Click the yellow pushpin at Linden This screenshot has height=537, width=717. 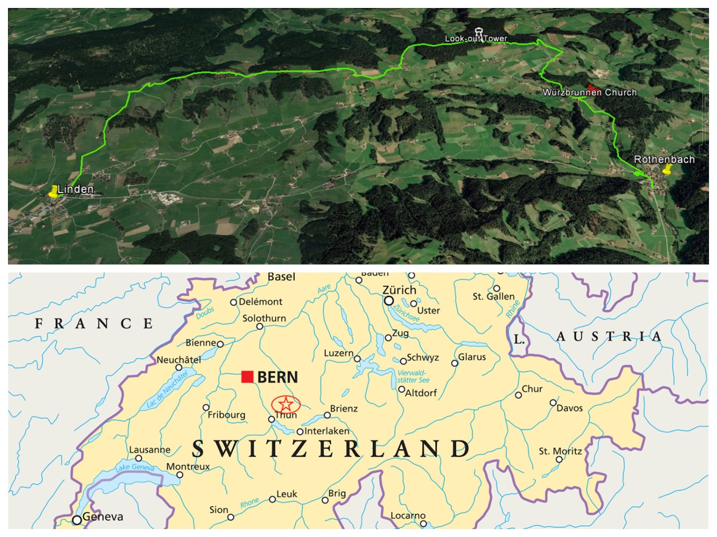(54, 192)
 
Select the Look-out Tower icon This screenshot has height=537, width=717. (479, 33)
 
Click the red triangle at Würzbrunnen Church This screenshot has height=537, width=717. (590, 86)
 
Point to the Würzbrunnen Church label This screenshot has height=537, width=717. (589, 93)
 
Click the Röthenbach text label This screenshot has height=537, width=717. (664, 159)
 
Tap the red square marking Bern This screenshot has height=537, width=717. (247, 377)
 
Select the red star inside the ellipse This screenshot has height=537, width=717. (286, 404)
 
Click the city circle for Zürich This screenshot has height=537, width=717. (389, 301)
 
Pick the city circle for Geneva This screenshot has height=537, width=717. (77, 520)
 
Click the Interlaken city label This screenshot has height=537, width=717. (327, 431)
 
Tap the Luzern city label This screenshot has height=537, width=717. (339, 353)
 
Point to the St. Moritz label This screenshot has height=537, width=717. (560, 451)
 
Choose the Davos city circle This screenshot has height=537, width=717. (553, 402)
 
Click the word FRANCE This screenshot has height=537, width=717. (94, 324)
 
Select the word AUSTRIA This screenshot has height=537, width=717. (609, 337)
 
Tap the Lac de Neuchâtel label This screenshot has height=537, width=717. (167, 390)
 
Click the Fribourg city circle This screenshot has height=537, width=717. (206, 407)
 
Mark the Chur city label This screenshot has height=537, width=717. (532, 389)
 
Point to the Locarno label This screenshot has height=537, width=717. (408, 516)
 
